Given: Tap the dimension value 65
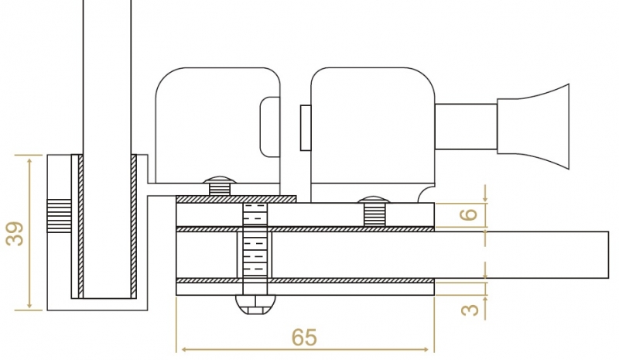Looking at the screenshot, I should click(x=304, y=338).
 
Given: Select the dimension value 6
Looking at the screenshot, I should click(x=468, y=214).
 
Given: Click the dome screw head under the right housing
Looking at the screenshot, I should click(x=374, y=200).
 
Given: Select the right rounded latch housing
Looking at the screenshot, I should click(x=371, y=124).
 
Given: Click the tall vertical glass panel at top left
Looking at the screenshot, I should click(x=107, y=77).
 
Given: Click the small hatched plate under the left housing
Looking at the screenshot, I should click(x=236, y=199).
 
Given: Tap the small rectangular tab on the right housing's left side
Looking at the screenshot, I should click(x=305, y=128).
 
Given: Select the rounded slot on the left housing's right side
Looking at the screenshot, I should click(x=271, y=124).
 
